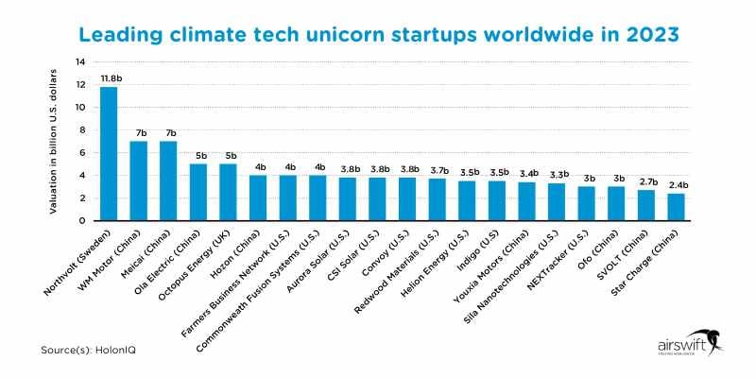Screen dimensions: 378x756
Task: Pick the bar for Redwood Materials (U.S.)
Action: pos(437,199)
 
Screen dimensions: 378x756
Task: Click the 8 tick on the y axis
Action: pos(84,130)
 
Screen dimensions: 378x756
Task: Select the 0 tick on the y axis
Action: pos(84,220)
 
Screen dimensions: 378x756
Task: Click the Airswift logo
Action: pos(684,346)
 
